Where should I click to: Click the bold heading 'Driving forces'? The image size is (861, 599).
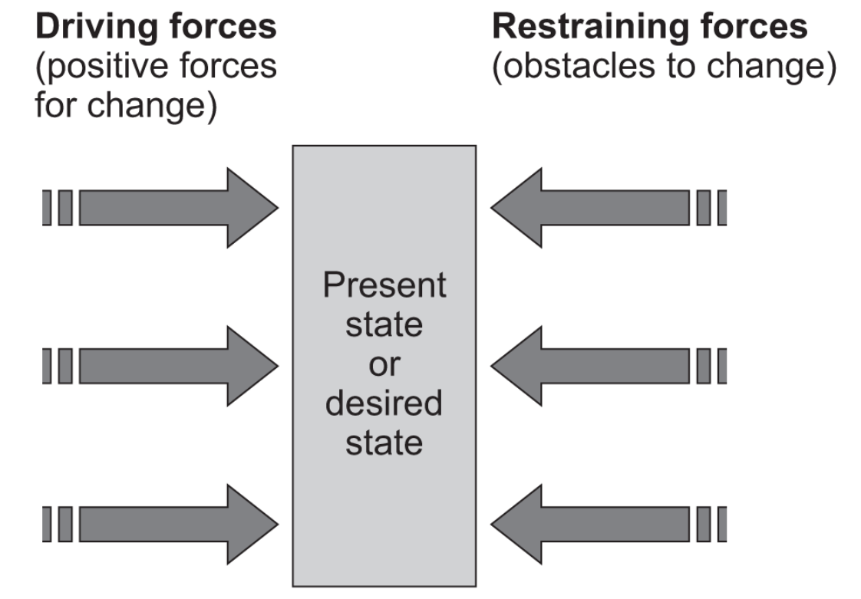[x=154, y=28]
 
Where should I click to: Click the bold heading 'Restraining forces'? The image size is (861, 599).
[x=649, y=28]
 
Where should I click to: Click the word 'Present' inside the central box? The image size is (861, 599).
[x=384, y=285]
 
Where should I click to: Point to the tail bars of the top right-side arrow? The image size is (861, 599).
[x=711, y=208]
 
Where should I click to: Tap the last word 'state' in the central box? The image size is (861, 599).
[x=384, y=443]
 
